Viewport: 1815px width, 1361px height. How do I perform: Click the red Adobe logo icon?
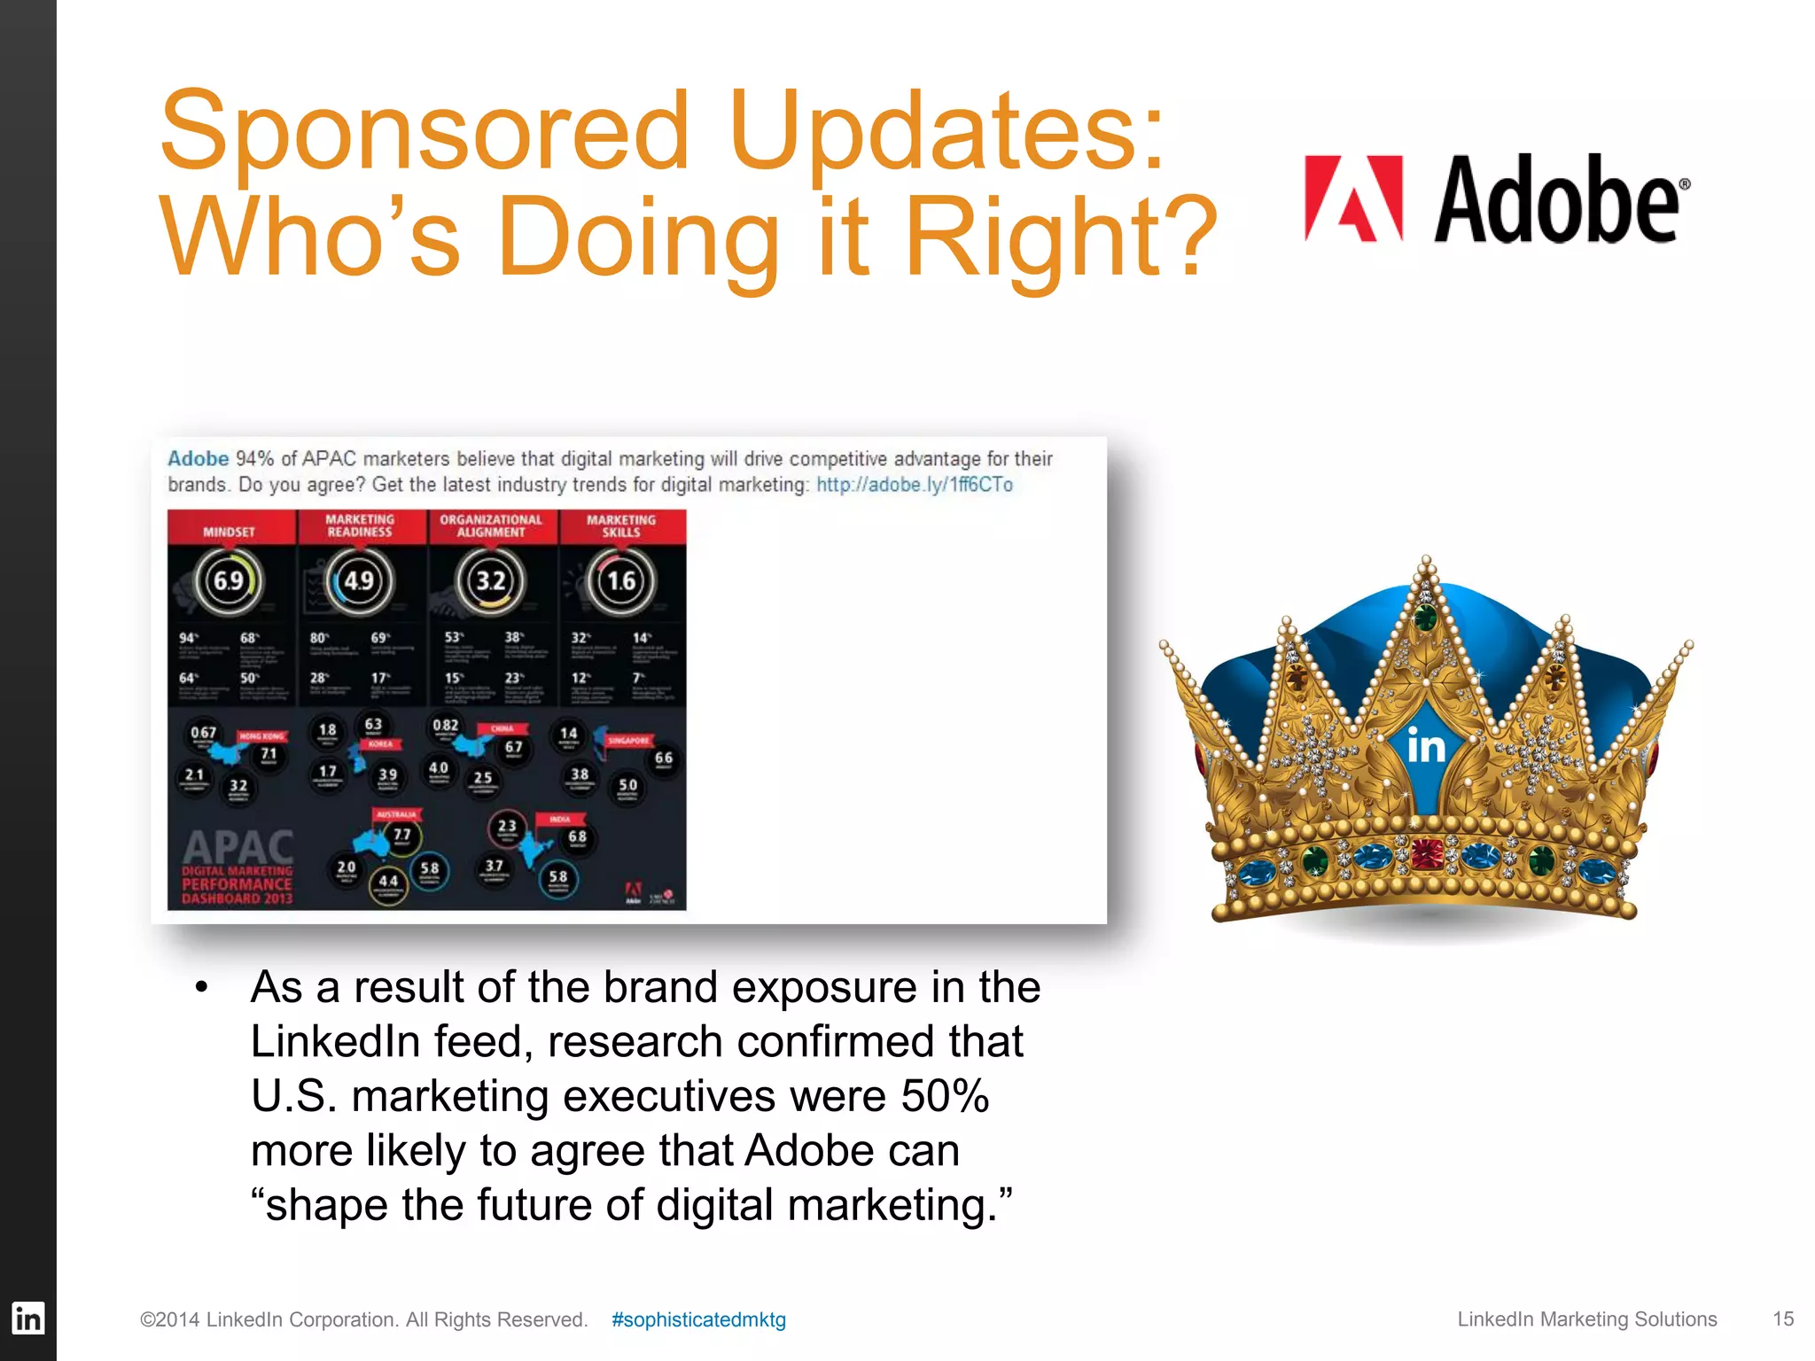pos(1353,198)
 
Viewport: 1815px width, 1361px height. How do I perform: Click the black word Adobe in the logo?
pos(1556,200)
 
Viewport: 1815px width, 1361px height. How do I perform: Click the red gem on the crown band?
pos(1426,853)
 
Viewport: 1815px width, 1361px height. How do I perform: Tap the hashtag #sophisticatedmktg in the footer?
pos(698,1319)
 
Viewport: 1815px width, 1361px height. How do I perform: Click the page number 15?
pos(1783,1318)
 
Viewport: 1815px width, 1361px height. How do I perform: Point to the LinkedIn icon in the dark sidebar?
pos(27,1318)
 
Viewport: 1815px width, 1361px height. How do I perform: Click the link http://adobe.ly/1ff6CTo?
pos(914,485)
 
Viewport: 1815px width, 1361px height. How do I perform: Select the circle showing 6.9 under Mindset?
pos(229,580)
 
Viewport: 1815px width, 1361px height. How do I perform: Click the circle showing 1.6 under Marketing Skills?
pos(621,580)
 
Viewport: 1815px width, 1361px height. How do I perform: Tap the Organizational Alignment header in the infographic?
pos(491,526)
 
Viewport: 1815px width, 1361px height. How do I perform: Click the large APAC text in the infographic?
pos(238,846)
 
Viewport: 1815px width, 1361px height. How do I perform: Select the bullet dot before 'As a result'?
pos(202,988)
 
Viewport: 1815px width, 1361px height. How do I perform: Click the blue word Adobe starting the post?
pos(199,459)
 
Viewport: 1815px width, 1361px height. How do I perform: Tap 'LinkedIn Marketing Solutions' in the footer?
pos(1586,1319)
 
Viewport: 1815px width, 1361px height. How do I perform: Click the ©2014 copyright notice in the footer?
pos(363,1319)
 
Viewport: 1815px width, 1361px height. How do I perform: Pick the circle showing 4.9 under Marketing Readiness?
pos(359,580)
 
